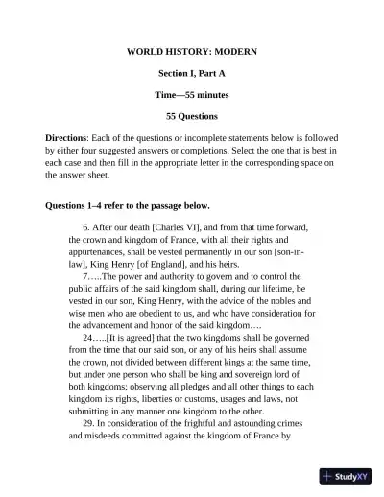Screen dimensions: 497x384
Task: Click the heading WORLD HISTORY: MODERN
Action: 192,49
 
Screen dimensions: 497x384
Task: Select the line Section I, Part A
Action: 192,72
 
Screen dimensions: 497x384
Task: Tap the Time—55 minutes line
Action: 192,94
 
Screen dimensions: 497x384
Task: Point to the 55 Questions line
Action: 192,116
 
